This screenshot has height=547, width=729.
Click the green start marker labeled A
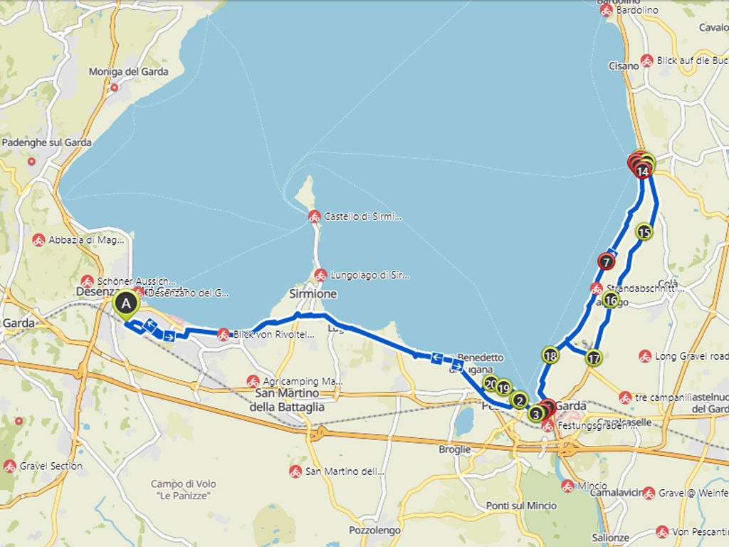[x=126, y=304]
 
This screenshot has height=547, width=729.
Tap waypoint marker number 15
[x=644, y=231]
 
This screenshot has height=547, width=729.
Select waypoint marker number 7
[x=607, y=261]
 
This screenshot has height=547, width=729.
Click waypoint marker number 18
[x=550, y=355]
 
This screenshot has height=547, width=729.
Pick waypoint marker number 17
[x=594, y=358]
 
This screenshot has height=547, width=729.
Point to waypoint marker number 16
[x=611, y=300]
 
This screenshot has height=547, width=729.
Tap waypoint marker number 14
[x=643, y=171]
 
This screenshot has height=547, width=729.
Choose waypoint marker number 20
[x=490, y=383]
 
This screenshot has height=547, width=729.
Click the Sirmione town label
[x=313, y=293]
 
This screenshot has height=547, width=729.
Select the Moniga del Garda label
[x=128, y=71]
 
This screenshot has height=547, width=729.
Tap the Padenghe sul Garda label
[x=47, y=142]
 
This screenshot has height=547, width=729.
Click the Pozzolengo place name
[x=374, y=531]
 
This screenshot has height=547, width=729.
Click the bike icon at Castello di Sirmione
[x=314, y=217]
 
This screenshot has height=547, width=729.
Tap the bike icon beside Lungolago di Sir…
[x=321, y=275]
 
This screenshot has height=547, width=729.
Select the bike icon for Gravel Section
[x=10, y=467]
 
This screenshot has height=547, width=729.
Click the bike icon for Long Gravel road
[x=645, y=356]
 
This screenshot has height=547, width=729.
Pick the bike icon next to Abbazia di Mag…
[x=39, y=240]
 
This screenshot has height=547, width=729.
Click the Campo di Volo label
[x=183, y=489]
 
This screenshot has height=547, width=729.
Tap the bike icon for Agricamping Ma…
[x=253, y=382]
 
